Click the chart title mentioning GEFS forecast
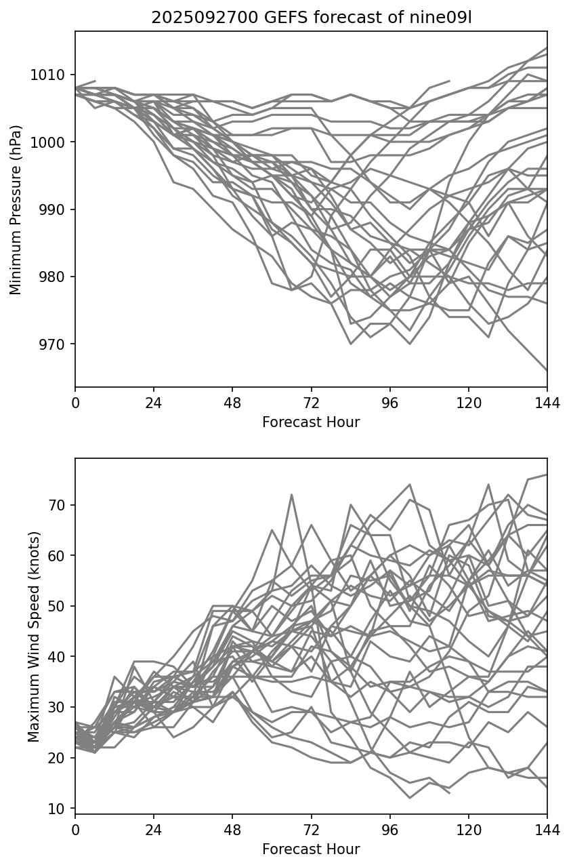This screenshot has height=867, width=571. pos(311,18)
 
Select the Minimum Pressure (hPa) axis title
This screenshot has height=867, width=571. pos(16,209)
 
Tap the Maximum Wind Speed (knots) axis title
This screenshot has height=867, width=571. pos(34,636)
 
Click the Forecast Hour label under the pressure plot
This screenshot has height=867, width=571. pos(311,422)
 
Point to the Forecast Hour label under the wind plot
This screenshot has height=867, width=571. pos(311,849)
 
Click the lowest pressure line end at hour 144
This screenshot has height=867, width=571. pos(547,370)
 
